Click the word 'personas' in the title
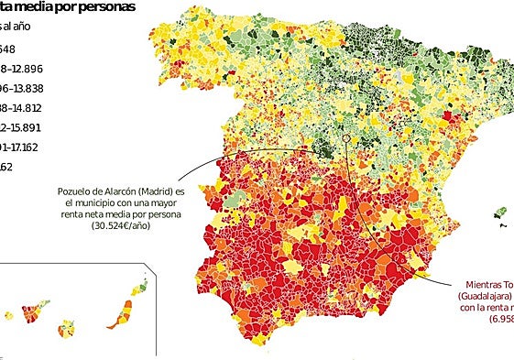105,6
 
